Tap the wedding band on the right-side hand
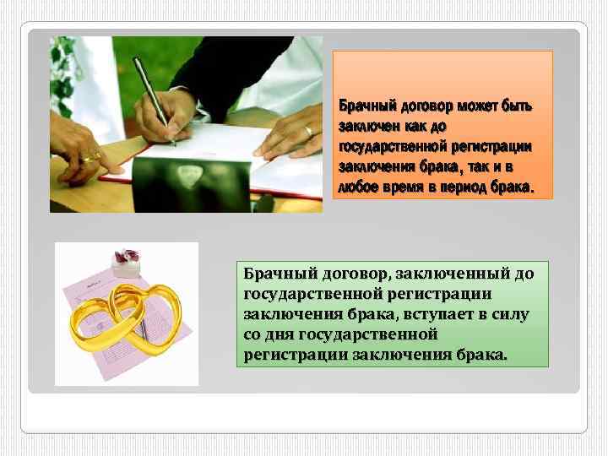pyautogui.click(x=309, y=131)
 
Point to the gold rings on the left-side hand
pyautogui.click(x=91, y=155)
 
